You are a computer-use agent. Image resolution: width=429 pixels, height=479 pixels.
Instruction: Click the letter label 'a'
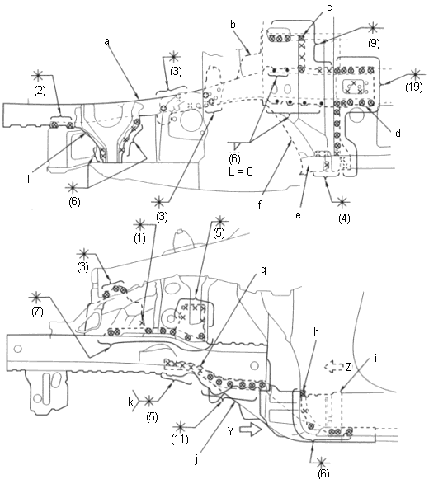(106, 41)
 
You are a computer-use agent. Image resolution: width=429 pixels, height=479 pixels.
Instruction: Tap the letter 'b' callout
(233, 25)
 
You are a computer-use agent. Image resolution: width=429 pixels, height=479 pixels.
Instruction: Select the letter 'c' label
(329, 7)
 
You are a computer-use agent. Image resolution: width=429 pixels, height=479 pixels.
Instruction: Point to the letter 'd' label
(398, 133)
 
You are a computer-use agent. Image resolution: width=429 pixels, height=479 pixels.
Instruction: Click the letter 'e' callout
(298, 215)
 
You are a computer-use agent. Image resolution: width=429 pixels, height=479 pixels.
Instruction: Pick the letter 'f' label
(260, 204)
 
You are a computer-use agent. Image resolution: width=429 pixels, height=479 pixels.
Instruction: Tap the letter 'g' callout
(263, 270)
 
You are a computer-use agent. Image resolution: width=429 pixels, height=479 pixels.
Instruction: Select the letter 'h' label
(316, 331)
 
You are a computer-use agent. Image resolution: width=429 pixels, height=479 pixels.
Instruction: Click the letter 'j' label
(197, 459)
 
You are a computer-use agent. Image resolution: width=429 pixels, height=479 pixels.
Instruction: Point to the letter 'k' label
(130, 402)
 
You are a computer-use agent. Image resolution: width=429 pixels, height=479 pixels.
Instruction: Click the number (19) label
(414, 87)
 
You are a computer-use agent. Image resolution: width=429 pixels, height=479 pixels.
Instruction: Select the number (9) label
(374, 44)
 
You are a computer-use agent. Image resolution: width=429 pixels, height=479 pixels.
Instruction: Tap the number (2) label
(40, 91)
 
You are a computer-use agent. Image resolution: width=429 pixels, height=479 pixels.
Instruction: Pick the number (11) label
(180, 439)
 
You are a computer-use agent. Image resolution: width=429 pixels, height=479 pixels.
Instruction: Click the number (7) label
(37, 312)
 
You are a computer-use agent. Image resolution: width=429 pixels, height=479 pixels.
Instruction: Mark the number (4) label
(344, 218)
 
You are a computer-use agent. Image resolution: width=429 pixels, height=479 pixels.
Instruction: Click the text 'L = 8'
(241, 171)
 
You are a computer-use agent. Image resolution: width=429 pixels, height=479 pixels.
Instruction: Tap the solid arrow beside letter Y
(251, 430)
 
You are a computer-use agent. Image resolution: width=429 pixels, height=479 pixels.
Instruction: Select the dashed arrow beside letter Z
(334, 366)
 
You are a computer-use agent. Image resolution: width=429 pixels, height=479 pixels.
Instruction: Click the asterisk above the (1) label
(140, 225)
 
